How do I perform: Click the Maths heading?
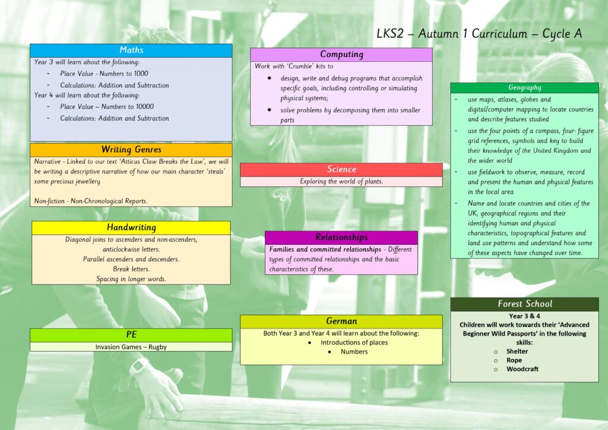click(x=131, y=50)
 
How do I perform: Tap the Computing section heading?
click(x=341, y=54)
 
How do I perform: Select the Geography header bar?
click(x=525, y=88)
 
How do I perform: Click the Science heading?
click(x=341, y=169)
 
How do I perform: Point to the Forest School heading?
click(x=525, y=303)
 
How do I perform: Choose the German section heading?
click(x=341, y=321)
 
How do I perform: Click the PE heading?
click(x=131, y=334)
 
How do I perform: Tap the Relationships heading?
click(x=341, y=237)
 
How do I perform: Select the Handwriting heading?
click(x=131, y=227)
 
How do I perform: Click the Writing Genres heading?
click(x=131, y=149)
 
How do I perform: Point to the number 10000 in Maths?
click(x=143, y=107)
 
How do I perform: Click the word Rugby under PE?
click(x=157, y=347)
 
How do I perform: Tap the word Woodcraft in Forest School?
click(x=522, y=369)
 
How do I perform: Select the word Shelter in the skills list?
click(x=517, y=351)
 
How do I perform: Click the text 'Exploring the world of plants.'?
click(x=341, y=182)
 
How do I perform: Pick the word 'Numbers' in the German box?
click(x=354, y=352)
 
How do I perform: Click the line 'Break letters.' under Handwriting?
click(x=131, y=269)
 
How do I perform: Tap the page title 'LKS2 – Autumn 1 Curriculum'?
click(x=452, y=34)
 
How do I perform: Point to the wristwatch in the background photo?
click(x=139, y=366)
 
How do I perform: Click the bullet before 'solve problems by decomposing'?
click(x=269, y=110)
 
